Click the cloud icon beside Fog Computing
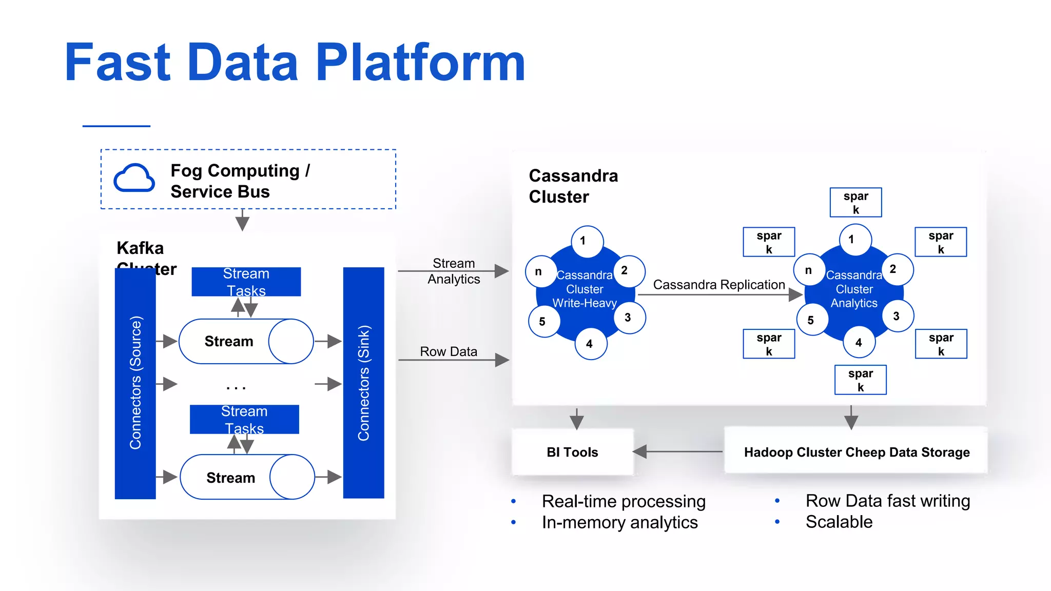(x=134, y=179)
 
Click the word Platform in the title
(x=420, y=63)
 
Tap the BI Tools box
(x=572, y=452)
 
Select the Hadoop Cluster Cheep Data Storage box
(x=856, y=452)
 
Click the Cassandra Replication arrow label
(x=718, y=285)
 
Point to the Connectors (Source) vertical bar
(x=135, y=383)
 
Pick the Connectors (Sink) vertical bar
(x=363, y=383)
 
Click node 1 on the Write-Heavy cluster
(x=588, y=241)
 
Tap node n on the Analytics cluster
(x=809, y=270)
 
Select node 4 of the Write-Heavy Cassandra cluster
(x=590, y=344)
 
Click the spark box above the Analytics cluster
(x=855, y=203)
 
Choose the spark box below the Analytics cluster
(x=860, y=380)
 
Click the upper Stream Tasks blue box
(x=246, y=282)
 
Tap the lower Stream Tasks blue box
(x=244, y=420)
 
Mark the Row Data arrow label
(x=449, y=351)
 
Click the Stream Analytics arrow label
(x=454, y=271)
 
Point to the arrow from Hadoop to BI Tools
(x=677, y=451)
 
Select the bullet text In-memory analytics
(x=619, y=522)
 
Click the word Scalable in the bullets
(x=839, y=522)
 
